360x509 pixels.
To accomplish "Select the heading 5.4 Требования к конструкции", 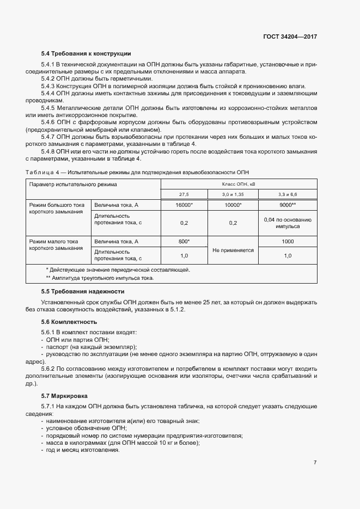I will coord(86,53).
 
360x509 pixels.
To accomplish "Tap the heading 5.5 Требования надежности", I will coord(83,292).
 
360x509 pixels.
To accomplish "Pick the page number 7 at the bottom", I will coord(315,462).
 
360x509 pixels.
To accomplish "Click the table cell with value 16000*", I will coord(184,205).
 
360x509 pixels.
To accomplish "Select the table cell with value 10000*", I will coord(233,205).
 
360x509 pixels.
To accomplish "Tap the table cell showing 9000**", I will coord(287,205).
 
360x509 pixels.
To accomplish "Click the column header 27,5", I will coord(184,194).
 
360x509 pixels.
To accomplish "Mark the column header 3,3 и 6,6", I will coord(287,194).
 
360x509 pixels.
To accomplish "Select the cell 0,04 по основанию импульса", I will coord(287,223).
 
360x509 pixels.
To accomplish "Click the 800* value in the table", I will coord(184,241).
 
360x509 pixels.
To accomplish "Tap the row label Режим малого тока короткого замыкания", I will coord(54,244).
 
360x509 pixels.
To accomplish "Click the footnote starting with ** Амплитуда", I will coord(100,278).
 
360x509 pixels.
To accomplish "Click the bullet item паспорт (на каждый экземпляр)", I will coord(91,347).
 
